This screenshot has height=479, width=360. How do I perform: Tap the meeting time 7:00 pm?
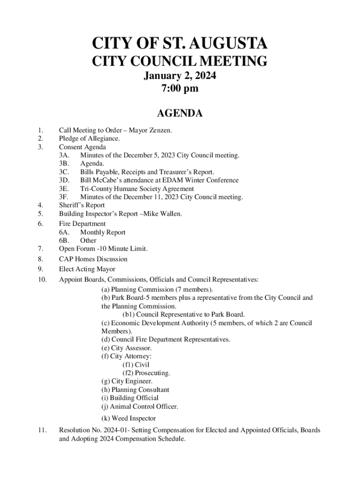point(180,88)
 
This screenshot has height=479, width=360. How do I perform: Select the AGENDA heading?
point(180,113)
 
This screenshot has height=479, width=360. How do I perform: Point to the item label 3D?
point(65,180)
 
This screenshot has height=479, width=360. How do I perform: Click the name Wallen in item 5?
point(171,214)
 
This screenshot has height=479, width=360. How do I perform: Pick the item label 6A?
point(65,232)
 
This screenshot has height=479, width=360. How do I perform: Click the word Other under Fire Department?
point(88,240)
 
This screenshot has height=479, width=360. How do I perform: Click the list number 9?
point(41,269)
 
